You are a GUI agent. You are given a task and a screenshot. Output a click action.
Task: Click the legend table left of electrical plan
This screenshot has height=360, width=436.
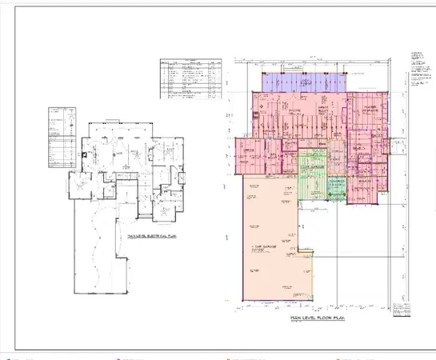(62, 138)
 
